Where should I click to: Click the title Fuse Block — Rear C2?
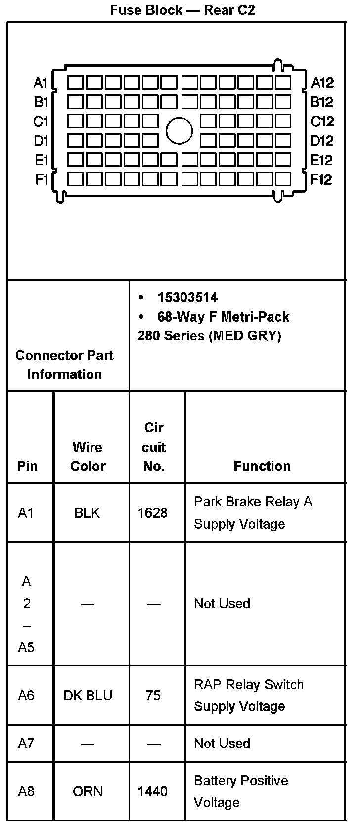pos(182,10)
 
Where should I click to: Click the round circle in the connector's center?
pos(179,131)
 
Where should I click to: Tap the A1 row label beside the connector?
pos(41,83)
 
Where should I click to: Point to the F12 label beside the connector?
pos(321,179)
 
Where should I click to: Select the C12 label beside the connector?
pos(322,122)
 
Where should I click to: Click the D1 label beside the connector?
pos(41,141)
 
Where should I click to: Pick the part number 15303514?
pos(187,297)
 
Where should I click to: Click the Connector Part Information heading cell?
pos(65,365)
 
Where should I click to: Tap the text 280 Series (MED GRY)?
pos(209,336)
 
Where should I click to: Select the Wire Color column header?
pos(88,456)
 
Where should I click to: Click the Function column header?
pos(262,466)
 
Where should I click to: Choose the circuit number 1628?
pos(152,513)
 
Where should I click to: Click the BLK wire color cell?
pos(87,513)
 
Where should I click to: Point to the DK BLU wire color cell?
pos(88,695)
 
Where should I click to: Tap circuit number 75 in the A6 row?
pos(153,695)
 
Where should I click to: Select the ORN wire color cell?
pos(88,791)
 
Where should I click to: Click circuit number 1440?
pos(152,791)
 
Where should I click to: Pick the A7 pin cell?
pos(26,744)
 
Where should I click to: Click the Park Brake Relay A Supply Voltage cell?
pos(253,513)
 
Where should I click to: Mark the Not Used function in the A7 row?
pos(222,744)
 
